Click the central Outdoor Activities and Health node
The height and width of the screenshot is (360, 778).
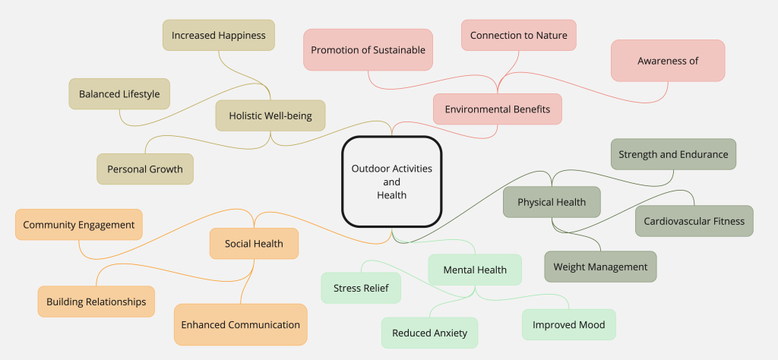pos(391,182)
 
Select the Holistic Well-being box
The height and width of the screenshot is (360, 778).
pos(270,115)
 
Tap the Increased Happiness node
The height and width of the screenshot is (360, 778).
pos(218,35)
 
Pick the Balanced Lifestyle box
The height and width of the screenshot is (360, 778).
pos(119,94)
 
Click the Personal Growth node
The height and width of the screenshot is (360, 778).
pos(144,169)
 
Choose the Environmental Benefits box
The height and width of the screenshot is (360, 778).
pos(497,109)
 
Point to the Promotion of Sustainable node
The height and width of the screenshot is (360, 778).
pos(368,50)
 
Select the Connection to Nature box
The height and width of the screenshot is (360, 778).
pos(518,35)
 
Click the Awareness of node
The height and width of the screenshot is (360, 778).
pos(667,61)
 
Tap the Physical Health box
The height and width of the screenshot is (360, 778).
pos(552,202)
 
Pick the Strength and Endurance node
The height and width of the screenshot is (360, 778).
pos(672,154)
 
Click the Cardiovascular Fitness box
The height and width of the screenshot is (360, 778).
pos(694,221)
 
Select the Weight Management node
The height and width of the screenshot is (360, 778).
pos(600,267)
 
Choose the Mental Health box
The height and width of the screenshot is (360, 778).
pos(475,270)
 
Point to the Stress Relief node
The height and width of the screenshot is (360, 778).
pos(361,288)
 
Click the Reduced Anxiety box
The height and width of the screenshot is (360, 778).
pos(429,333)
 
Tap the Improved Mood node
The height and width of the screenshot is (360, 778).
pos(568,324)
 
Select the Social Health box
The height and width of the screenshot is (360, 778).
pos(254,244)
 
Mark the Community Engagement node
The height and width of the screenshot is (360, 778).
pos(78,225)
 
